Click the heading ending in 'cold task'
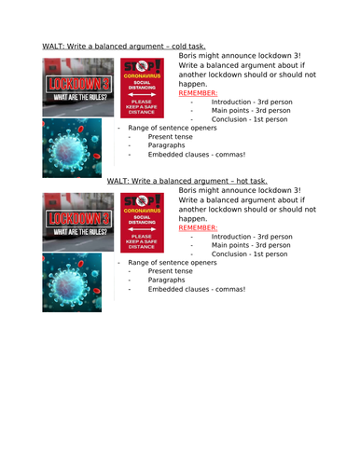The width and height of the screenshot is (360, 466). click(124, 46)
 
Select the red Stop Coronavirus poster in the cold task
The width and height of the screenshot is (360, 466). click(145, 87)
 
